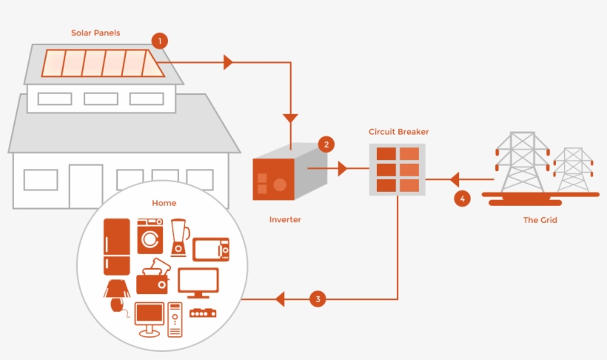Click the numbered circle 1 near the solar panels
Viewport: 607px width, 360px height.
point(158,41)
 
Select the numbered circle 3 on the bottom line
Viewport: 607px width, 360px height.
point(318,299)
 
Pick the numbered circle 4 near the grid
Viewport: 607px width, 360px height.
point(462,199)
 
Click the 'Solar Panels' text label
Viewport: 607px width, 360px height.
point(95,33)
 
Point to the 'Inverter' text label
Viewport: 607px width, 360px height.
point(285,220)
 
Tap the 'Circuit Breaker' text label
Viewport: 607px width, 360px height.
point(398,132)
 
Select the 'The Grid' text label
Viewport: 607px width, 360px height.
point(540,220)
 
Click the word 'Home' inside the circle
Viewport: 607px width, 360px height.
point(164,202)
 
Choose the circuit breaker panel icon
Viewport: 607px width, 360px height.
point(398,170)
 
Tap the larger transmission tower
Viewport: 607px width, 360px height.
point(522,163)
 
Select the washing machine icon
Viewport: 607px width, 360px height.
point(150,236)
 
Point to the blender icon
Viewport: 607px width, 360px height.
point(178,236)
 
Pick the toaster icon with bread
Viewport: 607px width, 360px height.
point(153,278)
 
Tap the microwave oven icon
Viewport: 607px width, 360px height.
point(211,250)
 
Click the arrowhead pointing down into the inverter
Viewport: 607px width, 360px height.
point(290,118)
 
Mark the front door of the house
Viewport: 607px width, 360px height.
point(85,185)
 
